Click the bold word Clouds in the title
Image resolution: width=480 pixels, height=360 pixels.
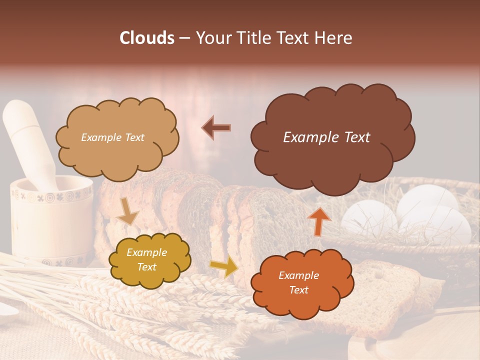[147, 38]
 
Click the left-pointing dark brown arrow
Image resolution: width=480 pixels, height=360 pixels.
[216, 127]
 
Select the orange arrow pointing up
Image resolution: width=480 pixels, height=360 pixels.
[320, 220]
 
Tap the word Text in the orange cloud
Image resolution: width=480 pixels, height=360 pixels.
[298, 290]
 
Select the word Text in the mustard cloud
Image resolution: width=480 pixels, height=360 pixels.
[146, 267]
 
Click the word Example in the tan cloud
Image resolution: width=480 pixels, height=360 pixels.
[101, 137]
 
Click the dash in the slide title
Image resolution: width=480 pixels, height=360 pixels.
[184, 38]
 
